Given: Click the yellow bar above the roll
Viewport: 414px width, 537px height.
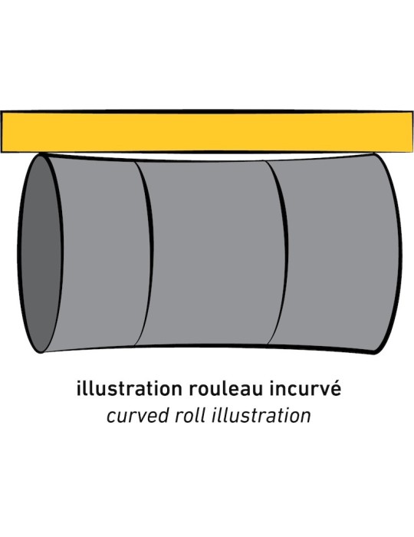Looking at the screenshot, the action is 207,131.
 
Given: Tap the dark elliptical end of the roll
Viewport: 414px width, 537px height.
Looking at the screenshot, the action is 40,253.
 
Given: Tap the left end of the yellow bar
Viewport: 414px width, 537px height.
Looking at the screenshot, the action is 1,131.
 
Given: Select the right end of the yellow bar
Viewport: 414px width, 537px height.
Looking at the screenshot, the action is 412,131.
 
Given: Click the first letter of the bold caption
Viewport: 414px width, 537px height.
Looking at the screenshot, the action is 78,388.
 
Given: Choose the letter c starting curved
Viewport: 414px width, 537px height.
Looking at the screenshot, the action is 111,417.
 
